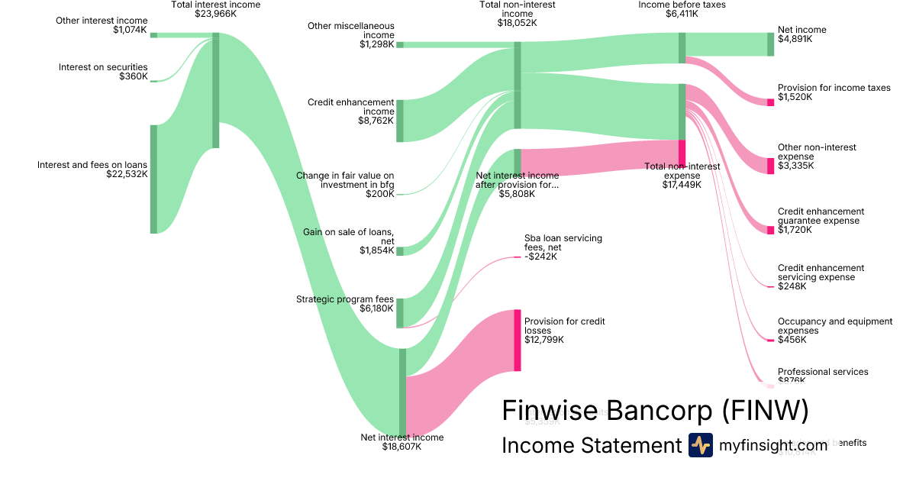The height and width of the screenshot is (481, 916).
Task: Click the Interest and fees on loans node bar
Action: (153, 179)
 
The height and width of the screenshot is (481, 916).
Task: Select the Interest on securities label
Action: (103, 67)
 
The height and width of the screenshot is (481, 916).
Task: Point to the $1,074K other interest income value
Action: (130, 30)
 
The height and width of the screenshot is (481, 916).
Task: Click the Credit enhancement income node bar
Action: (400, 121)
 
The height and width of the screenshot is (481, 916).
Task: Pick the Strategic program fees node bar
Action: (400, 312)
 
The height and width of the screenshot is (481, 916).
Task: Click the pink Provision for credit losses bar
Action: (518, 341)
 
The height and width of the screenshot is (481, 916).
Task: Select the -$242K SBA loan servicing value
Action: (541, 257)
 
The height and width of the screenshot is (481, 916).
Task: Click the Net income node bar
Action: (770, 44)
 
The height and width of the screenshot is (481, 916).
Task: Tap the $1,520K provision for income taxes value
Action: (795, 97)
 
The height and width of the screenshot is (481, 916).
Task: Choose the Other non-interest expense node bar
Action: (770, 166)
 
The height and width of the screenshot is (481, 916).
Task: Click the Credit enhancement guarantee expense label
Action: (821, 216)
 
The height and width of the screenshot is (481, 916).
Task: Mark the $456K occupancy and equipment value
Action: (791, 340)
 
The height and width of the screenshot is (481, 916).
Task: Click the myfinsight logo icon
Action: (700, 445)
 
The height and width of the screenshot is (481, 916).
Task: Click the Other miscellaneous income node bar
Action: (400, 44)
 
